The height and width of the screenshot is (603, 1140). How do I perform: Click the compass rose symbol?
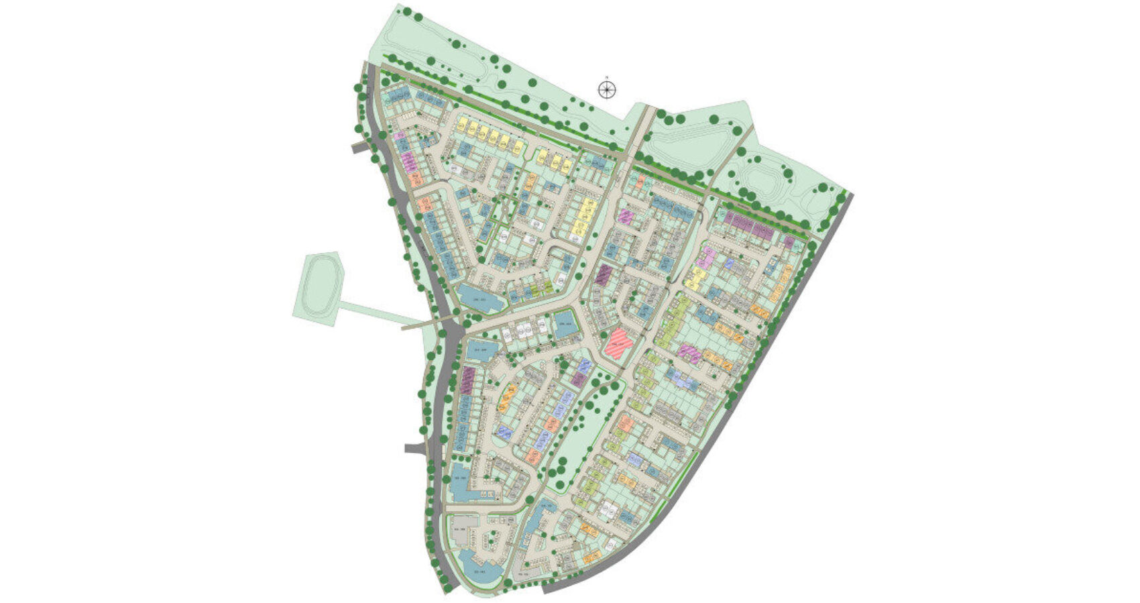click(x=606, y=89)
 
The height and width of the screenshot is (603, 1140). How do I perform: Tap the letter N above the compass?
click(x=606, y=77)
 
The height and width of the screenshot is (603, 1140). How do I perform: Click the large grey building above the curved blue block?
click(x=464, y=529)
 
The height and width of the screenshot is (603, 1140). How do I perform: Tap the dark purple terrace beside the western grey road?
click(x=467, y=380)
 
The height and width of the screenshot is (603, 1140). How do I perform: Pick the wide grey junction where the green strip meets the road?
click(x=451, y=329)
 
